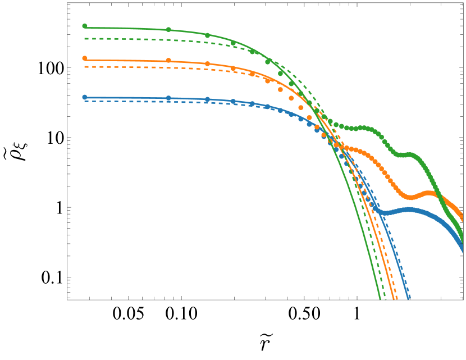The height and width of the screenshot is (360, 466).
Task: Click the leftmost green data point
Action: (85, 26)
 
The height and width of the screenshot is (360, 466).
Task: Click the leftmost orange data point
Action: (85, 58)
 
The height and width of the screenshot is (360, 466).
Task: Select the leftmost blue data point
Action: (85, 97)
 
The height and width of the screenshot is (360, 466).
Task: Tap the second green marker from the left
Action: (168, 30)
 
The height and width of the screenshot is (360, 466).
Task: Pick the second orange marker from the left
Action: (168, 61)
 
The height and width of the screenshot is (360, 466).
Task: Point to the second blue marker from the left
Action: (168, 98)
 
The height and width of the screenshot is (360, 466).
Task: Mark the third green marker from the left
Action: (207, 35)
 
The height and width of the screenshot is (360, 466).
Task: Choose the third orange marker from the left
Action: (207, 64)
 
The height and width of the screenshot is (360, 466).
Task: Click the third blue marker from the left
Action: (207, 99)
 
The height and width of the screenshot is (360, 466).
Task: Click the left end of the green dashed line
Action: (85, 39)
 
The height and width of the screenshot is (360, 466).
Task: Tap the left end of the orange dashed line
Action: (85, 67)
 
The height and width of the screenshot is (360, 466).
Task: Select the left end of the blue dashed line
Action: (85, 102)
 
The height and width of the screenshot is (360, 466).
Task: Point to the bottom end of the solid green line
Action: (380, 299)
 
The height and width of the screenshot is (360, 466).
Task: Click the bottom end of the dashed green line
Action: (386, 299)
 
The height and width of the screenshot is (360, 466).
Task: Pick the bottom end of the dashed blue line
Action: (410, 299)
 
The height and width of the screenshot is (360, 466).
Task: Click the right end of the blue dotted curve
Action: (463, 243)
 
